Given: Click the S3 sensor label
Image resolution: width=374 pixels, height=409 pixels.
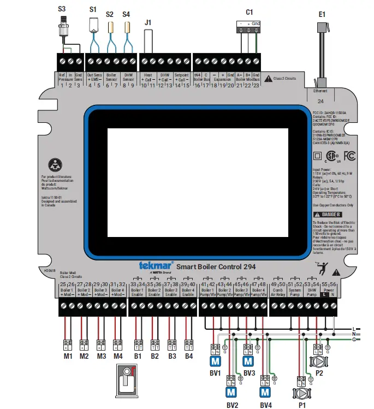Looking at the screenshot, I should pos(62,9).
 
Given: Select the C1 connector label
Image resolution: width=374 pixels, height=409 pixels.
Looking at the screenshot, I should pos(250,11).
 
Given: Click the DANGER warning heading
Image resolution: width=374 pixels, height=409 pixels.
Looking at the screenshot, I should pos(332,215).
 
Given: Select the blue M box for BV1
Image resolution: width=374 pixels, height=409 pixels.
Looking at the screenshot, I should pos(215,361).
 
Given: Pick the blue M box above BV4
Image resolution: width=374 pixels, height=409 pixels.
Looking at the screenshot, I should pos(265,392).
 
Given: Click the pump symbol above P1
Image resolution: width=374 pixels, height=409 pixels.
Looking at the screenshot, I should pos(300,393).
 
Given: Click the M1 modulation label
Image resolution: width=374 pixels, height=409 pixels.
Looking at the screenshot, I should pos(68,356).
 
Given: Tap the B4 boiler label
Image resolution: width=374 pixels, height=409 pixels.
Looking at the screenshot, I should pos(189,356).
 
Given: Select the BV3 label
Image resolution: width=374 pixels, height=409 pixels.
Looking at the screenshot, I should pos(249,373).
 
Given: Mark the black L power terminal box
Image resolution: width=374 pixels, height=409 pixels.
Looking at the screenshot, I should pos(325,294).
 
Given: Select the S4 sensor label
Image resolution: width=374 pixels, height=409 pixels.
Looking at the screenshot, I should pos(127,14).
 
